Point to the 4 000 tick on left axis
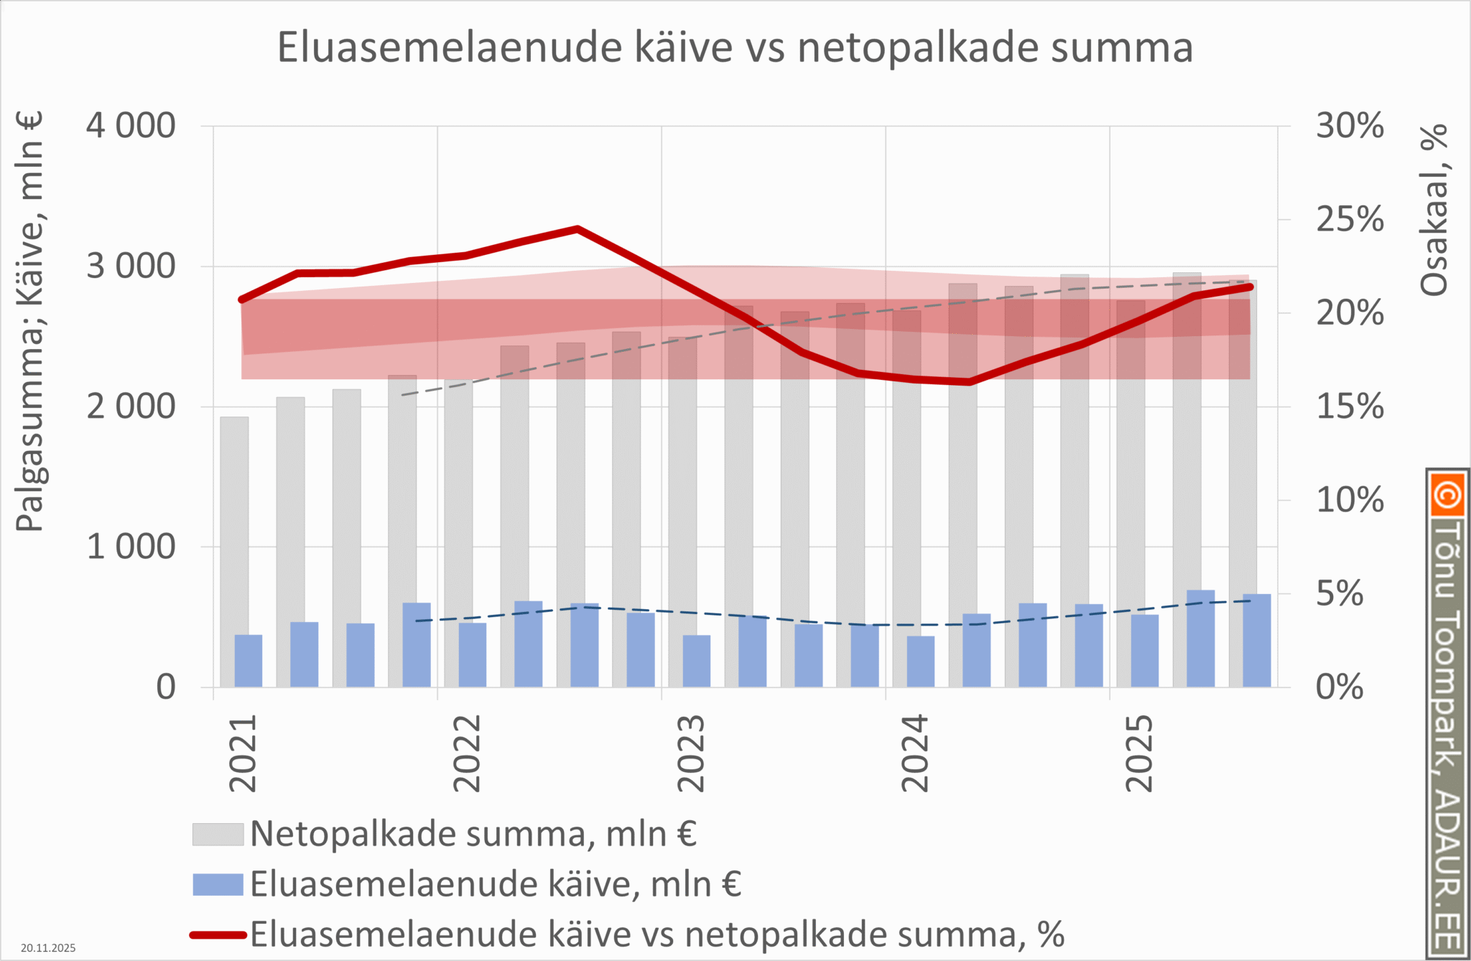point(131,126)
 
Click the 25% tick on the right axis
point(1349,220)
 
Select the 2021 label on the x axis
point(243,753)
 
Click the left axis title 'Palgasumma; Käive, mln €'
point(29,322)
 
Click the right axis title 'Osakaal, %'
point(1434,210)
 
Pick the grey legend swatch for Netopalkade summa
point(218,834)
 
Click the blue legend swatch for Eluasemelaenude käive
point(218,884)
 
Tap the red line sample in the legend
point(218,934)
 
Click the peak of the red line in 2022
point(577,230)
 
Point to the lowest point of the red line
point(969,381)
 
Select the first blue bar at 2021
point(249,661)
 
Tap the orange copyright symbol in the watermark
point(1447,495)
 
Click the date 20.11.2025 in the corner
point(48,948)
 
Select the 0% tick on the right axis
point(1339,687)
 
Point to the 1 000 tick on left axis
point(131,547)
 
